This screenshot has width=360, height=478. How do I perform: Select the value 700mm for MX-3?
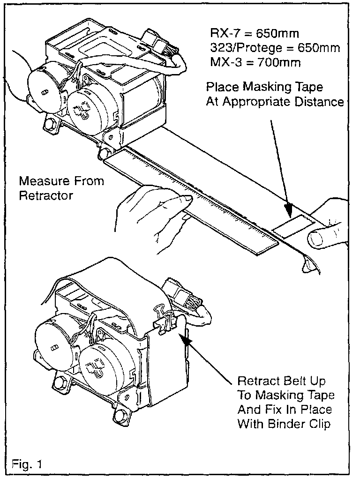[x=279, y=62]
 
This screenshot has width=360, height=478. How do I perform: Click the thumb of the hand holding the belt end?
[x=320, y=239]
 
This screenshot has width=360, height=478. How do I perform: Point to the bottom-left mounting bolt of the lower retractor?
[x=60, y=383]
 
